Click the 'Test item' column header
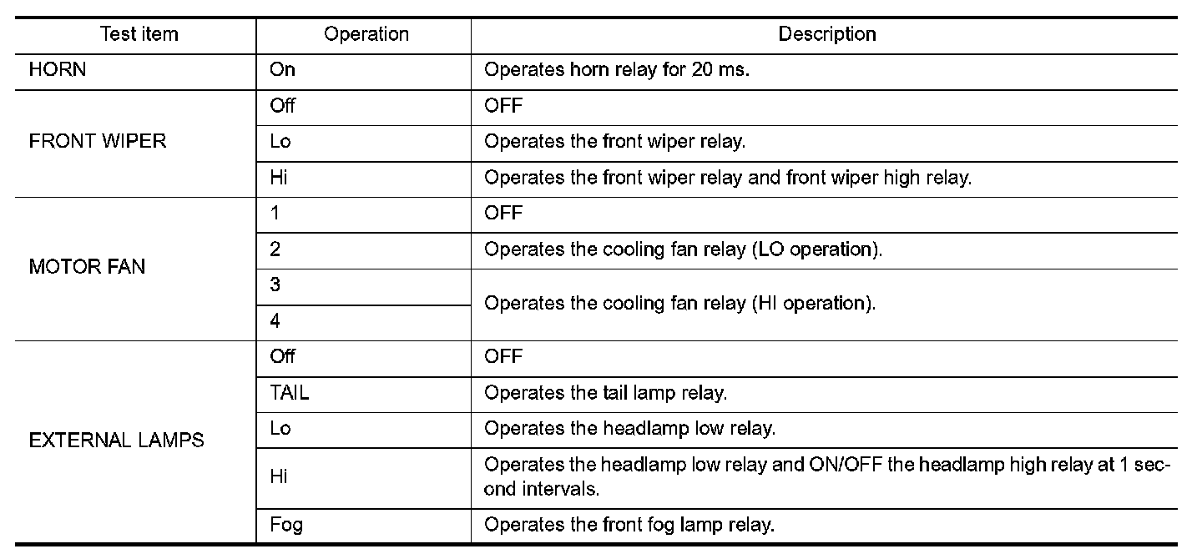[139, 35]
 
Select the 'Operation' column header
[366, 35]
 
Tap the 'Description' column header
[826, 35]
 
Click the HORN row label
[58, 70]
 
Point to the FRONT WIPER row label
[98, 142]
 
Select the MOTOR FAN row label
[87, 267]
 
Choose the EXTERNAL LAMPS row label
[116, 441]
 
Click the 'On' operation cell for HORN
[283, 70]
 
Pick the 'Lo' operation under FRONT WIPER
[280, 142]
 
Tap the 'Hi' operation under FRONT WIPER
[279, 178]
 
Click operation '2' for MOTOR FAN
[275, 249]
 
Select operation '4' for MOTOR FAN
[275, 321]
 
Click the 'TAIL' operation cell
[290, 393]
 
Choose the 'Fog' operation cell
[286, 526]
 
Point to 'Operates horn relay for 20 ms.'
[617, 70]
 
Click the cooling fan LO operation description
[683, 249]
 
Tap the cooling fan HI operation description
[679, 304]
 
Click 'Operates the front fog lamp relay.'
[629, 526]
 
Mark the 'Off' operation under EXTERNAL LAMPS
[283, 357]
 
